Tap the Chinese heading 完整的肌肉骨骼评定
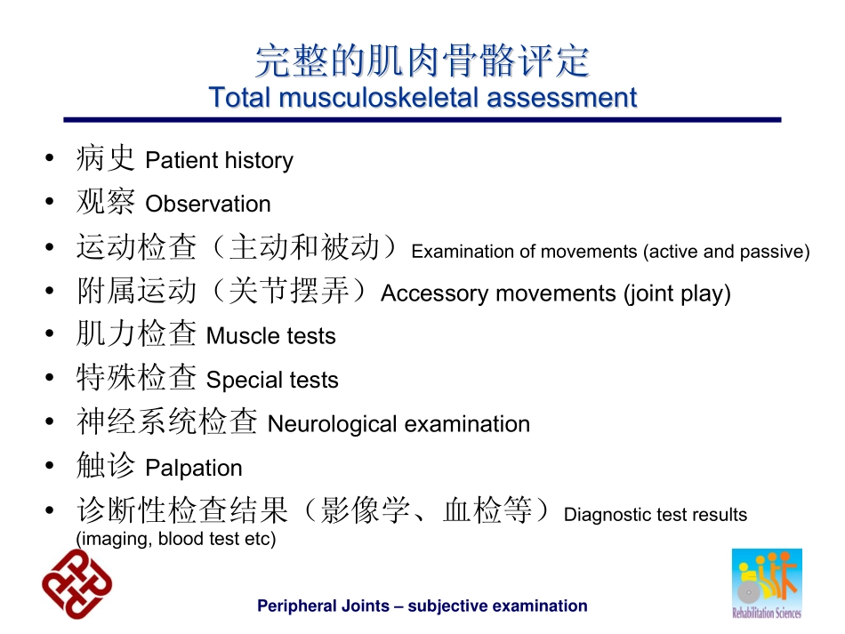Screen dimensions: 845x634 422,60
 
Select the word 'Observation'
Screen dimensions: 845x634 208,205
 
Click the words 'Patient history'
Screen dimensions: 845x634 220,161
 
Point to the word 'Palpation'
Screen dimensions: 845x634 194,468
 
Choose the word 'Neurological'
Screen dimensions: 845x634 333,424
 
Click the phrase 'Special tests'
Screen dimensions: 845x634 272,381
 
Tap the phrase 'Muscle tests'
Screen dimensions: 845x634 271,336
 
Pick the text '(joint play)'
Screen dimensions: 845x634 677,294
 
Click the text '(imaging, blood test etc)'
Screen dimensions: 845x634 176,539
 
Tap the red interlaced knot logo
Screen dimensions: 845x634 77,584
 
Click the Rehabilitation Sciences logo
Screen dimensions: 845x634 767,583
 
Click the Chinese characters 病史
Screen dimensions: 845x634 106,158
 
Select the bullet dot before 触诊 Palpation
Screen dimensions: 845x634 50,466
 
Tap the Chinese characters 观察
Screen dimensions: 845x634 106,202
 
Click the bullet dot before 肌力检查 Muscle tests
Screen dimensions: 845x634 50,334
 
